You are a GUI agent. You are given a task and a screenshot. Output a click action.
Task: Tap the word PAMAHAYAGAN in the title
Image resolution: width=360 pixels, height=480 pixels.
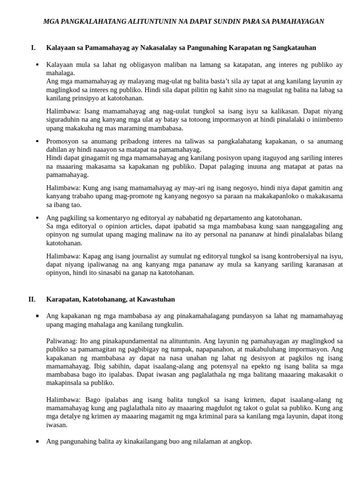coord(296,22)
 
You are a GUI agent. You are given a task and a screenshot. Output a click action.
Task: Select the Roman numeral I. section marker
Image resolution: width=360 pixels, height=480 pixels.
coord(33,47)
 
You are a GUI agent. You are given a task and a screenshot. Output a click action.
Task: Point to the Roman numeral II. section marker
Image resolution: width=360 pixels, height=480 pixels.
coord(32,299)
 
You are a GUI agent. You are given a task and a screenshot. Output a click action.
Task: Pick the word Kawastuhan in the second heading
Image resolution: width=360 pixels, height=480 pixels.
coord(156,299)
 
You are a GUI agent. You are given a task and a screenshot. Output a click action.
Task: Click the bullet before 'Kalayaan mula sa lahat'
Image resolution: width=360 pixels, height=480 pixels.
coord(37,65)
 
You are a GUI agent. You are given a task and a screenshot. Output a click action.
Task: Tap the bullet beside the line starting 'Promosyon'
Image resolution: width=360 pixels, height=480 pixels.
coord(37,141)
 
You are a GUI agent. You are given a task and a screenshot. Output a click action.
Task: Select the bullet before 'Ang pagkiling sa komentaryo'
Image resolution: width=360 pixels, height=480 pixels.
coord(37,218)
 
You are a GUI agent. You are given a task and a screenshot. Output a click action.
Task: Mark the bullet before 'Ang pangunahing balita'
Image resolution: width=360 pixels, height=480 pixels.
coord(37,442)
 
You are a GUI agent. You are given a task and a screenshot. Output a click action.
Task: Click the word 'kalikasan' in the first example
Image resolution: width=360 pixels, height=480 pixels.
coord(285,111)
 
